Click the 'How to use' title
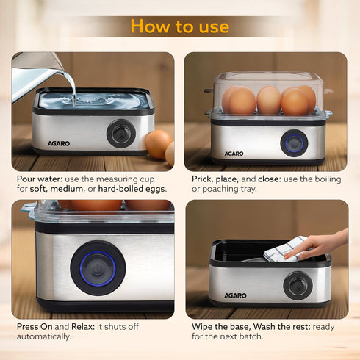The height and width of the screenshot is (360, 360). click(x=179, y=26)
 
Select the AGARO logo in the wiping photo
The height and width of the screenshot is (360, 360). click(x=235, y=295)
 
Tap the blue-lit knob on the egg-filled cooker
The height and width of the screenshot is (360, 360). click(x=294, y=143)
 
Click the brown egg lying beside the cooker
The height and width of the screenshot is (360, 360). click(x=156, y=144)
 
